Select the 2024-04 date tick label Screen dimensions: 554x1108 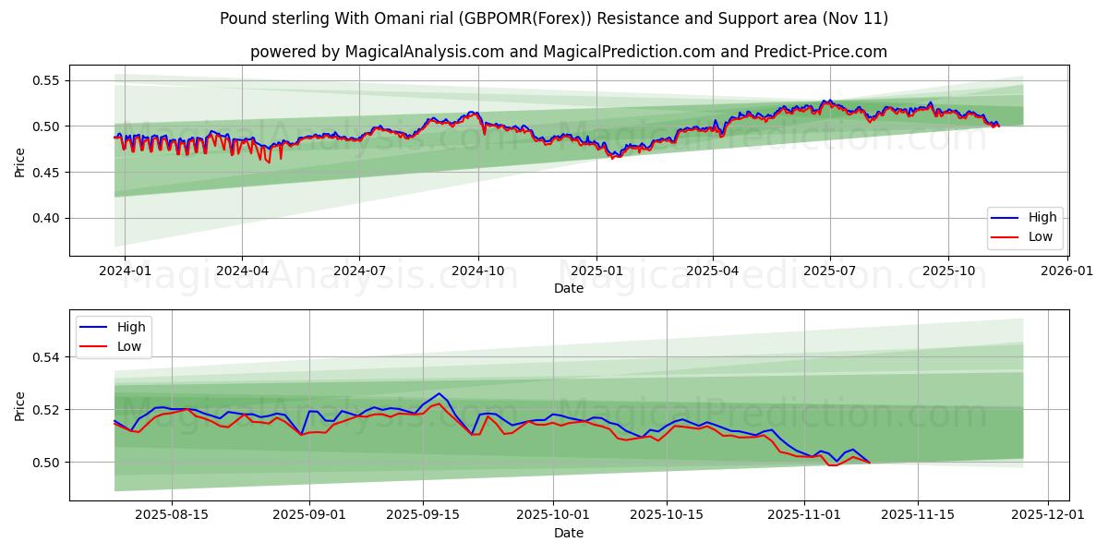[x=242, y=271]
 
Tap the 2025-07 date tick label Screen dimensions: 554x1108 [x=829, y=271]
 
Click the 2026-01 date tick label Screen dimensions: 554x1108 [x=1066, y=271]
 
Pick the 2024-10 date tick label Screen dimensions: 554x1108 [x=477, y=271]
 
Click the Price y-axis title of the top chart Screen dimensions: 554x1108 [x=20, y=162]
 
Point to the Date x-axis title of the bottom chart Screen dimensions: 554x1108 [x=569, y=533]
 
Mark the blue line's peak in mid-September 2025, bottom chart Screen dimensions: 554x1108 [x=440, y=393]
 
